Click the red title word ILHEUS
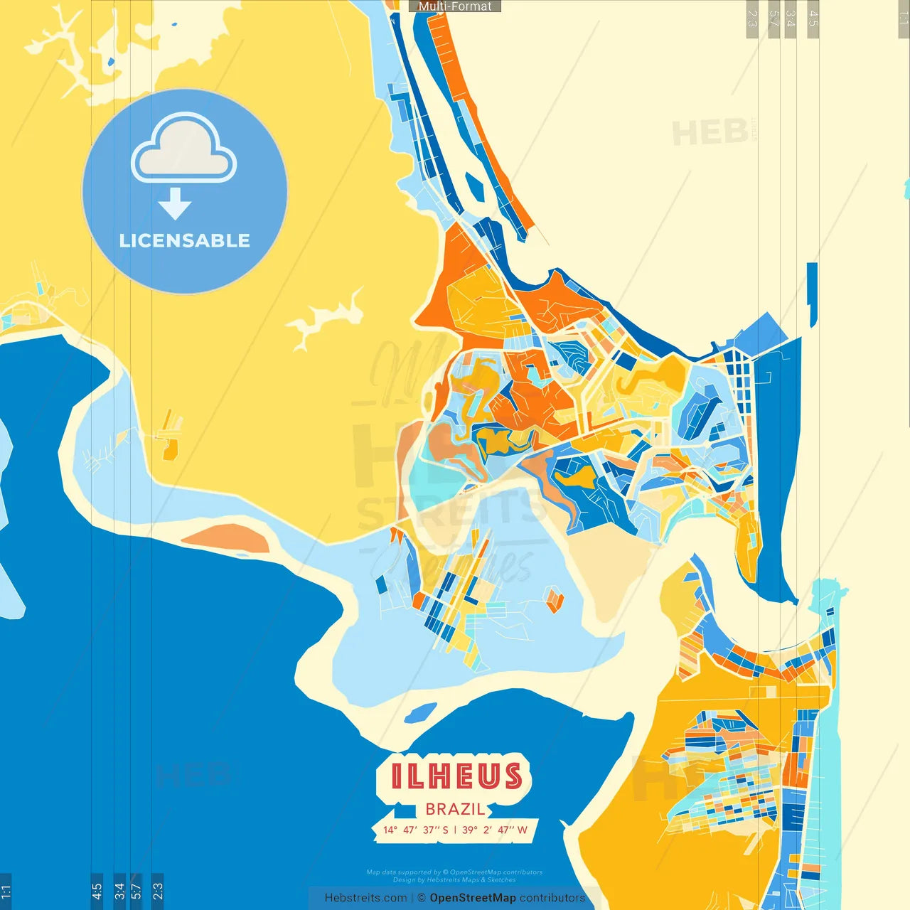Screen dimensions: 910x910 [x=456, y=776]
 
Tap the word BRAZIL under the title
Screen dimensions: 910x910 [x=455, y=809]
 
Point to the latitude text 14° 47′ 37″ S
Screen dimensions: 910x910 [x=416, y=830]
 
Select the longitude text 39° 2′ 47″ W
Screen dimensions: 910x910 [x=495, y=830]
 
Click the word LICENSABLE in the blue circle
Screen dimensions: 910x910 [x=185, y=241]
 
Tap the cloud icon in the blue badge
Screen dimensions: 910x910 [x=183, y=149]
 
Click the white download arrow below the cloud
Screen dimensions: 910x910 [x=175, y=204]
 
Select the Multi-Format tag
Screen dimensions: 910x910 [x=455, y=6]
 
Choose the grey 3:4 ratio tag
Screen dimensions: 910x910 [x=791, y=18]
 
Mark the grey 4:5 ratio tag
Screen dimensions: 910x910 [x=813, y=18]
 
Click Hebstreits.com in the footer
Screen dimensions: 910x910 [x=365, y=898]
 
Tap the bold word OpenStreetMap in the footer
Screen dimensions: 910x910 [x=473, y=898]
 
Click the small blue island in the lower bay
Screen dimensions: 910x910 [x=420, y=712]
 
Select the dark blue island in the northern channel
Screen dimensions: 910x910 [x=475, y=188]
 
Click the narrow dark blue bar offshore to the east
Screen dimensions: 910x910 [x=813, y=294]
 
